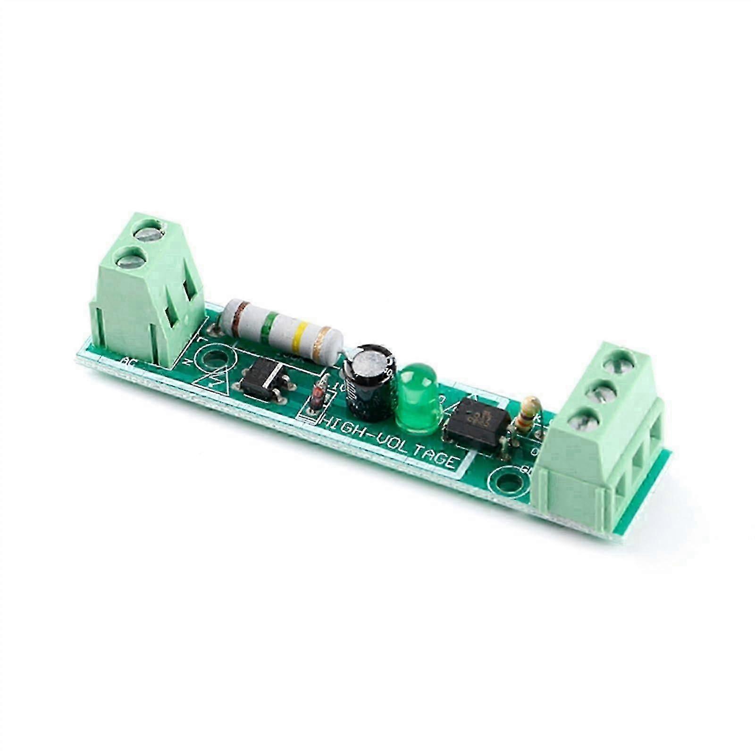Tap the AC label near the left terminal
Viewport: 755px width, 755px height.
coord(128,362)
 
